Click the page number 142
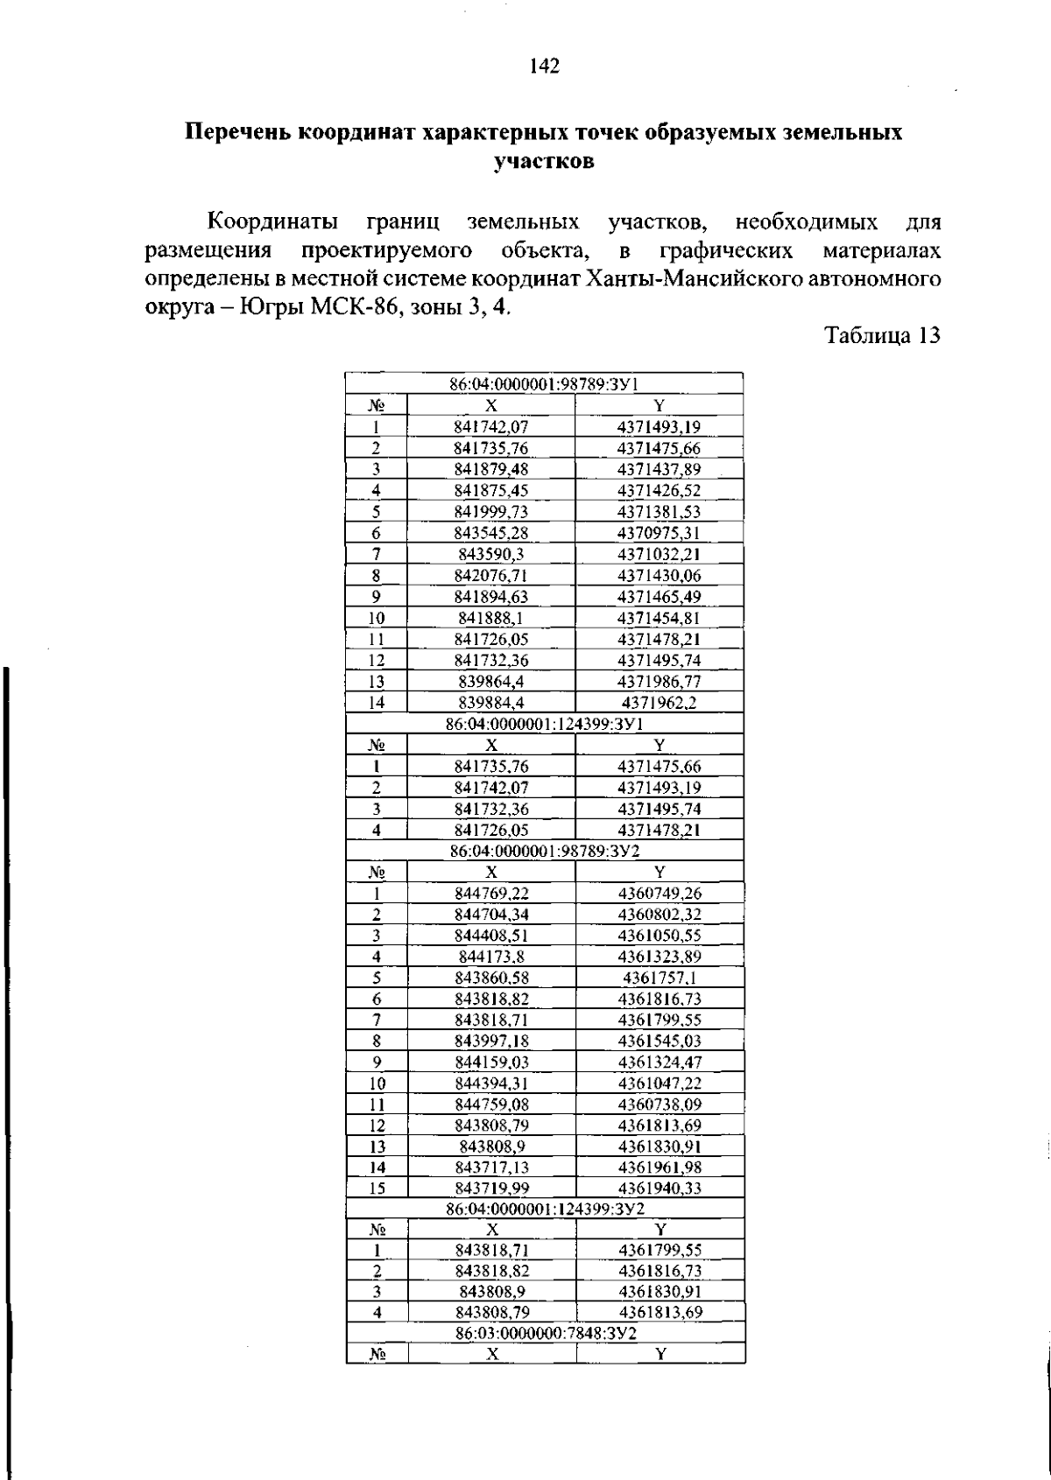[544, 67]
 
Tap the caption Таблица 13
[882, 336]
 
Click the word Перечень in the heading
[238, 133]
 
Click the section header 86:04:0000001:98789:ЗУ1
[543, 383]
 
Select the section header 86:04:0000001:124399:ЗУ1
[545, 724]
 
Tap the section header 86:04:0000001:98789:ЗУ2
[545, 851]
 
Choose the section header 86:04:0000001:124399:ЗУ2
[545, 1209]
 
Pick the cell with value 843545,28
[491, 533]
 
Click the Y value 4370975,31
[660, 533]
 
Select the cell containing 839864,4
[491, 682]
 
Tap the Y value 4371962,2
[660, 703]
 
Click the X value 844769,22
[491, 894]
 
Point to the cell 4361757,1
[660, 978]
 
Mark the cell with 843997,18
[491, 1042]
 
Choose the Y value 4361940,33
[660, 1189]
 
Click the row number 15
[377, 1189]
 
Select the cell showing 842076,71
[491, 576]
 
